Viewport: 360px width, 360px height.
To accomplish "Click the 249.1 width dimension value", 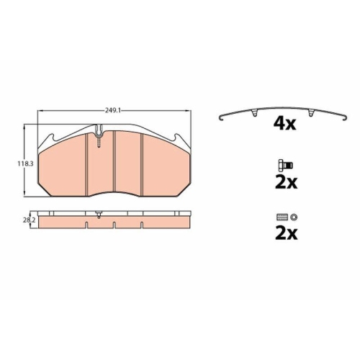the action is (112, 110).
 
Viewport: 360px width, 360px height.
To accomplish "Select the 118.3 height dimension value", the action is (25, 164).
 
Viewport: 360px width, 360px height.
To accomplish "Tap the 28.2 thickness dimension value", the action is (29, 220).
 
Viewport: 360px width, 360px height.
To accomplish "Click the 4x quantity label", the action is (284, 124).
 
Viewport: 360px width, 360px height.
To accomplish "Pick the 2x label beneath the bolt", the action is (286, 182).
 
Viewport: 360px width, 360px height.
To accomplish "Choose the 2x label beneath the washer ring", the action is (286, 233).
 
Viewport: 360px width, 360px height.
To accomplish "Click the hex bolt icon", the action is (285, 165).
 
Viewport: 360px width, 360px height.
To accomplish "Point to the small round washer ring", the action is (293, 217).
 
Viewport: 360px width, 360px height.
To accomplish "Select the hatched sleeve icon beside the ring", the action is (282, 217).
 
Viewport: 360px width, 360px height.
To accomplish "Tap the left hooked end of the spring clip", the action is (221, 118).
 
